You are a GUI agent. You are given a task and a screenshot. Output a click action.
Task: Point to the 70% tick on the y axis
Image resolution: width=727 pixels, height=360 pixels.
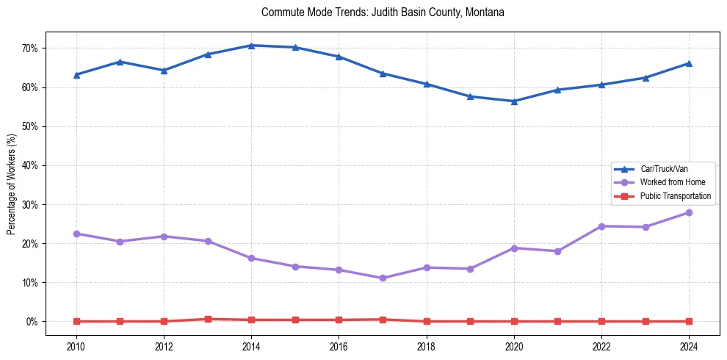tap(35, 48)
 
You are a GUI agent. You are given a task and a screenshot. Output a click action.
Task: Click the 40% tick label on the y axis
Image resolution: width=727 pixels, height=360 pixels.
tap(35, 165)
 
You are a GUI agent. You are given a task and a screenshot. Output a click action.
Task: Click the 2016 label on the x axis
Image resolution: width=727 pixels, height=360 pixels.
tap(339, 346)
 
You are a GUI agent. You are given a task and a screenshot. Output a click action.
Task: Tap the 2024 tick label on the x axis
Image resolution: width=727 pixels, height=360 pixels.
tap(688, 346)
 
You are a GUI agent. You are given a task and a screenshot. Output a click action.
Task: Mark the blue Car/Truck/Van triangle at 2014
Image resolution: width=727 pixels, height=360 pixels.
tap(251, 46)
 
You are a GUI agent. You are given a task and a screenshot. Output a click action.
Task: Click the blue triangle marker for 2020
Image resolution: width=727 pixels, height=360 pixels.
tap(513, 101)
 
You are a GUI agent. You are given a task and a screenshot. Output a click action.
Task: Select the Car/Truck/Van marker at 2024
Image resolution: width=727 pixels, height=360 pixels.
tap(688, 63)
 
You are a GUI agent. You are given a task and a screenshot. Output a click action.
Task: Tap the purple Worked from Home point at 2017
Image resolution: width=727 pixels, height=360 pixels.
tap(383, 278)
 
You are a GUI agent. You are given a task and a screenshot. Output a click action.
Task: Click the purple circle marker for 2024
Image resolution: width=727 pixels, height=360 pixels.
tap(688, 212)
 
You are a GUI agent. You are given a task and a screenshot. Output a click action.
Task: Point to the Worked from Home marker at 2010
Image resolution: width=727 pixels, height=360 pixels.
tap(76, 234)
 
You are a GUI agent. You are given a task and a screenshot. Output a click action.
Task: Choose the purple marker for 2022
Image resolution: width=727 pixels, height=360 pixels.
tap(601, 226)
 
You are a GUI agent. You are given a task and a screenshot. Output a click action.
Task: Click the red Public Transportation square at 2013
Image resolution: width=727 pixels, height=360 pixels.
tap(208, 319)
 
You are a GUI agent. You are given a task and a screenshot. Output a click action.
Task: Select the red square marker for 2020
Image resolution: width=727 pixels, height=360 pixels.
tap(513, 321)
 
